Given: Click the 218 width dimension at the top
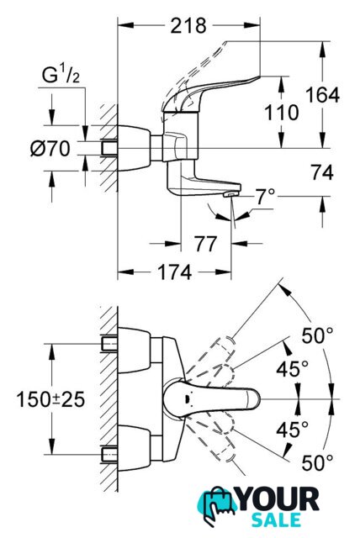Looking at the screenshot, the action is (188, 26).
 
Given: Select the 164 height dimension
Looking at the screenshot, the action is (322, 95).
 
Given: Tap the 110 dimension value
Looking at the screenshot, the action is (282, 113).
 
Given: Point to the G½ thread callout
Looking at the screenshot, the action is (61, 76).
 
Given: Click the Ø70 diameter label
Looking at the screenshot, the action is (50, 149).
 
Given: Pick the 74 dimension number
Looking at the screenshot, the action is (322, 172).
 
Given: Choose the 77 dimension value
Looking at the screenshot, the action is (206, 244).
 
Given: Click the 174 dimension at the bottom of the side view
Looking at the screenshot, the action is (174, 272).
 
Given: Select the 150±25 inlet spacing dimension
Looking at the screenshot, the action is (50, 399).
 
